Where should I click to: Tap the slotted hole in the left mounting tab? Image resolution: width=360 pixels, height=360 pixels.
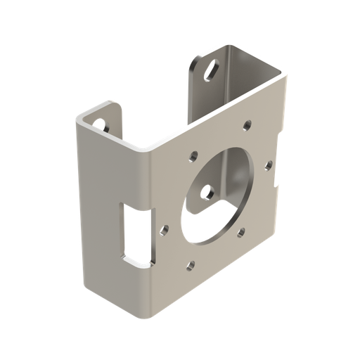102,124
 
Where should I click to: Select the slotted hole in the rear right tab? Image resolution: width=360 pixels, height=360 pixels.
210,70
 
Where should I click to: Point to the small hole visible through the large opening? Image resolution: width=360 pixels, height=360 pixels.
208,190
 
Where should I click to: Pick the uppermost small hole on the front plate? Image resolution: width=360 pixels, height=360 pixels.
246,126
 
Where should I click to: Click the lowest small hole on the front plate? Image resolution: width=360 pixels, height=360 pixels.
190,266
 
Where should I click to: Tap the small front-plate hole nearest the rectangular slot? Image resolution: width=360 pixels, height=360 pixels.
163,229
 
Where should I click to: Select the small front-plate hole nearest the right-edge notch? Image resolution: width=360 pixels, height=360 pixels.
268,165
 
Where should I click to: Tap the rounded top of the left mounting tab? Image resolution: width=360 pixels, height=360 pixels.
105,109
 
